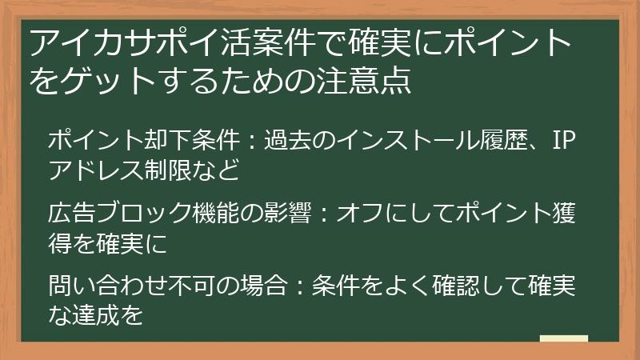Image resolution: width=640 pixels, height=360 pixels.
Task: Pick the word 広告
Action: (70, 214)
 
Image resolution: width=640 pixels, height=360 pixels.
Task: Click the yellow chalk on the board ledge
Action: (563, 339)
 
